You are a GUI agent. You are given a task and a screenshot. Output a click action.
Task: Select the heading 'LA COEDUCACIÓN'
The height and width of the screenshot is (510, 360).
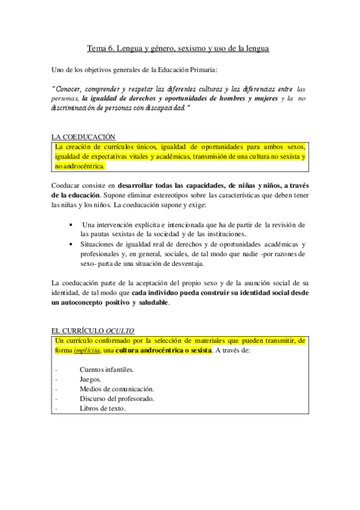(84, 137)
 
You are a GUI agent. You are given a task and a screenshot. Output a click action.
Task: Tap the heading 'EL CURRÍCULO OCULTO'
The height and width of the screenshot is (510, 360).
(93, 330)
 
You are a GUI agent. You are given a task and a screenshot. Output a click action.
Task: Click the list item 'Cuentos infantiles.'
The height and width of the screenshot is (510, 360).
(106, 369)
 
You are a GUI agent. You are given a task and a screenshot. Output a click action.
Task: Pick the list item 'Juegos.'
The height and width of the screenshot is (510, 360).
(91, 379)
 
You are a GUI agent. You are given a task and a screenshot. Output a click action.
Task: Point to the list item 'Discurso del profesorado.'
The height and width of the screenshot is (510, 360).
(117, 398)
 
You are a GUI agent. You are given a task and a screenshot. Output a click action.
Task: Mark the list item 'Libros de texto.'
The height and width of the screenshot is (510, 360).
(103, 408)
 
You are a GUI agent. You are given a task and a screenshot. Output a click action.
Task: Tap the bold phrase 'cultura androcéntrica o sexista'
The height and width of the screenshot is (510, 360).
(163, 351)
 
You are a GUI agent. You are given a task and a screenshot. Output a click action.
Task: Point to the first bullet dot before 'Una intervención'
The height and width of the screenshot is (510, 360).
(72, 224)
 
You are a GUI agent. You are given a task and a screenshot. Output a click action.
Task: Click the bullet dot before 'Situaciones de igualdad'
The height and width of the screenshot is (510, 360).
(72, 244)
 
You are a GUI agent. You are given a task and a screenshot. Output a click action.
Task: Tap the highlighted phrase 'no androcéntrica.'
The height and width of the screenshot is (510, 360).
(80, 166)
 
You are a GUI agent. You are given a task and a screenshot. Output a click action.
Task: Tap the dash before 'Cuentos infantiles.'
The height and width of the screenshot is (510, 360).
(55, 369)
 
